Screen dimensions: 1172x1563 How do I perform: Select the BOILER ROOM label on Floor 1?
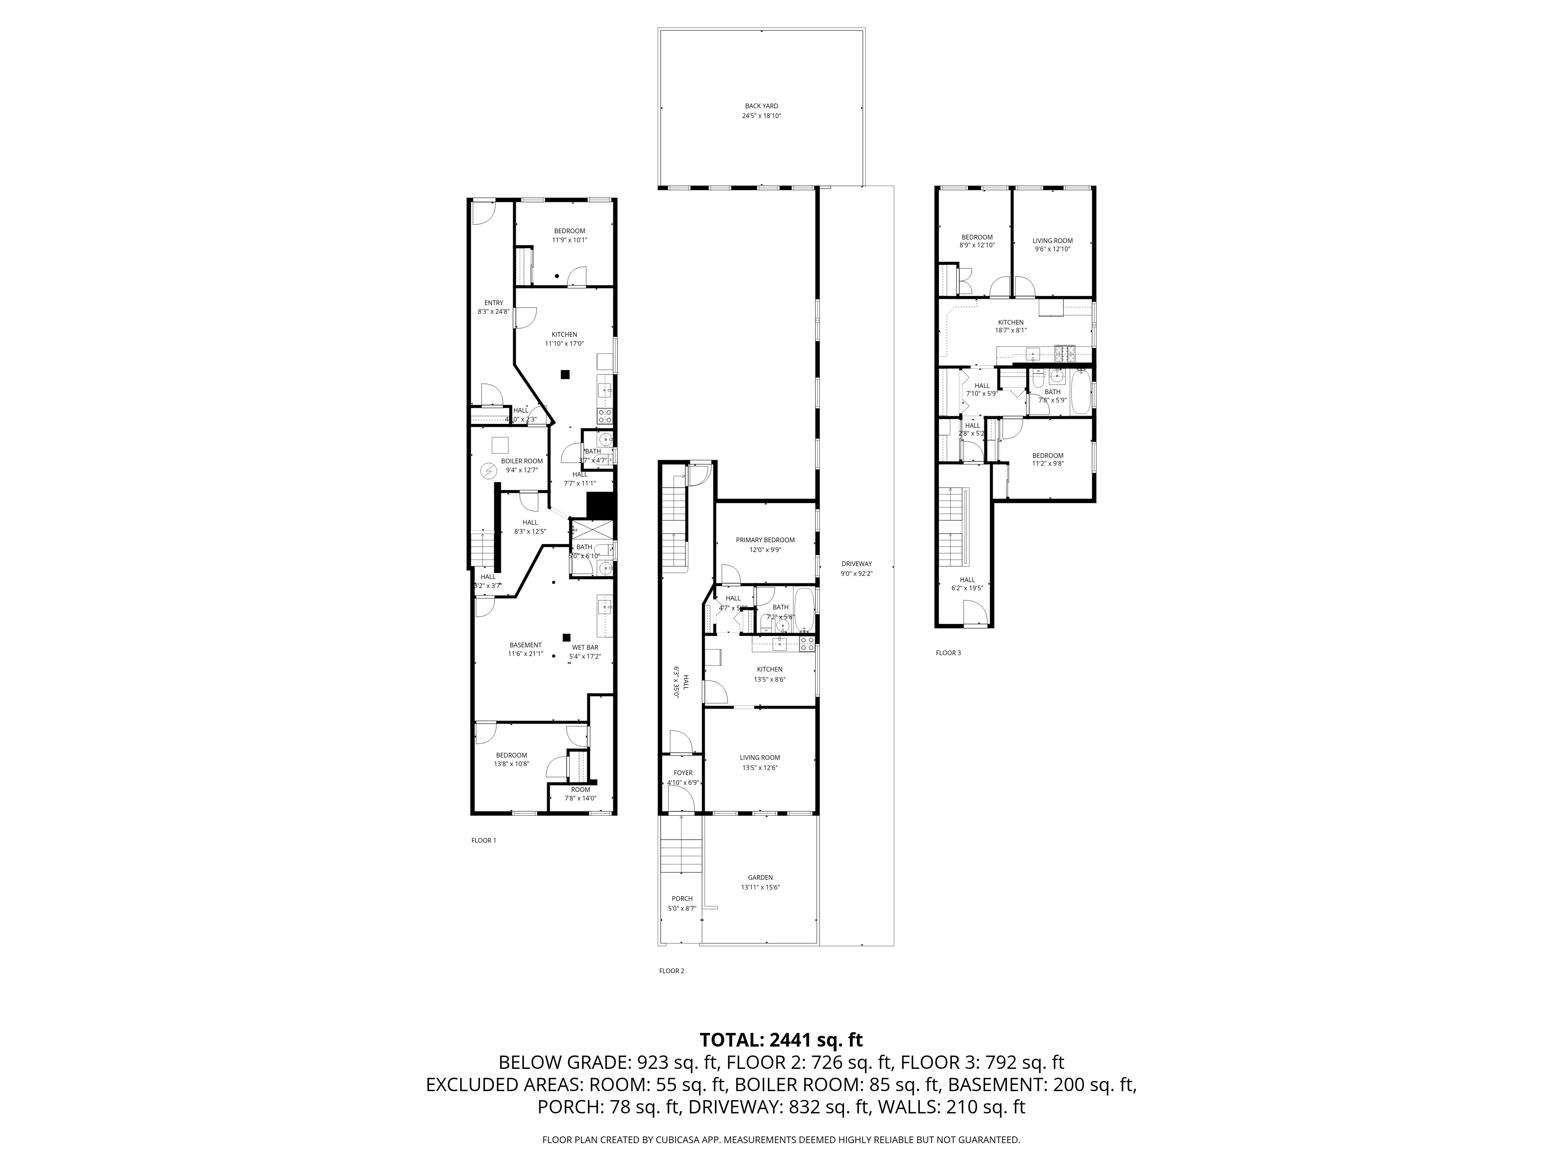522,465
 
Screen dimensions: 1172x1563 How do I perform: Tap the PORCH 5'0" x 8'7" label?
682,903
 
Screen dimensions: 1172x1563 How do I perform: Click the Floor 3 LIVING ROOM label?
1052,245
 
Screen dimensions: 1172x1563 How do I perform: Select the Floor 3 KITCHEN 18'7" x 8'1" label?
1010,326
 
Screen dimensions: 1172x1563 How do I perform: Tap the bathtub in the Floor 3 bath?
1081,392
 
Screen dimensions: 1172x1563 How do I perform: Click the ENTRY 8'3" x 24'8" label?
493,307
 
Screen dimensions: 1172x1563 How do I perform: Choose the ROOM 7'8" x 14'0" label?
580,794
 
